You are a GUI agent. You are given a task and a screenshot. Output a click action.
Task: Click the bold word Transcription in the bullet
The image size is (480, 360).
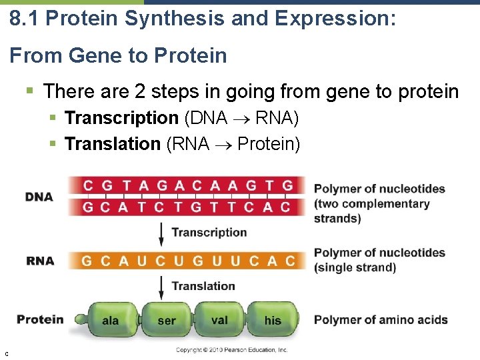pyautogui.click(x=121, y=118)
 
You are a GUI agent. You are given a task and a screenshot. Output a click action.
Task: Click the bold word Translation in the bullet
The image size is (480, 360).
pyautogui.click(x=112, y=143)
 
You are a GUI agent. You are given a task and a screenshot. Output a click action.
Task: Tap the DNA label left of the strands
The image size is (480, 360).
pyautogui.click(x=39, y=197)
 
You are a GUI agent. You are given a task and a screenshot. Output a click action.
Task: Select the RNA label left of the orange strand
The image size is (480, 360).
pyautogui.click(x=40, y=261)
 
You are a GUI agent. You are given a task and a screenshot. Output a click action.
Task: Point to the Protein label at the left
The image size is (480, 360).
pyautogui.click(x=40, y=319)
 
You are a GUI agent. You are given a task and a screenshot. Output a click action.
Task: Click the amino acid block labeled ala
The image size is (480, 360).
pyautogui.click(x=111, y=321)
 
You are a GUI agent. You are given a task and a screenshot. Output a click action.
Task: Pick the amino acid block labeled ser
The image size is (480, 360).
pyautogui.click(x=167, y=321)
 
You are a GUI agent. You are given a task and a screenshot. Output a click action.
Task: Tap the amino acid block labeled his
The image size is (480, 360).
pyautogui.click(x=273, y=321)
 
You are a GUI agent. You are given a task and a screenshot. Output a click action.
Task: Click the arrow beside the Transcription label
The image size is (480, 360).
pyautogui.click(x=161, y=233)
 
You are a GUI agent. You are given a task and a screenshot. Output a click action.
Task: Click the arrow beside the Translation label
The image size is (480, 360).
pyautogui.click(x=161, y=286)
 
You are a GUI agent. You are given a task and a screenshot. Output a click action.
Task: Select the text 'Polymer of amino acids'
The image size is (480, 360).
pyautogui.click(x=381, y=320)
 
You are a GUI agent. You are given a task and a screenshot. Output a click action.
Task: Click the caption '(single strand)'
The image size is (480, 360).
pyautogui.click(x=355, y=267)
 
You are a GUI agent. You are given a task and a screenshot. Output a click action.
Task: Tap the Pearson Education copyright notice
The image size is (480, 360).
pyautogui.click(x=231, y=350)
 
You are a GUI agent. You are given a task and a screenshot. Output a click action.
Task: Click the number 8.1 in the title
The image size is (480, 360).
pyautogui.click(x=25, y=19)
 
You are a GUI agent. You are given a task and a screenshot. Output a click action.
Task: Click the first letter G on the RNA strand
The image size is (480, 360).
pyautogui.click(x=87, y=261)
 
